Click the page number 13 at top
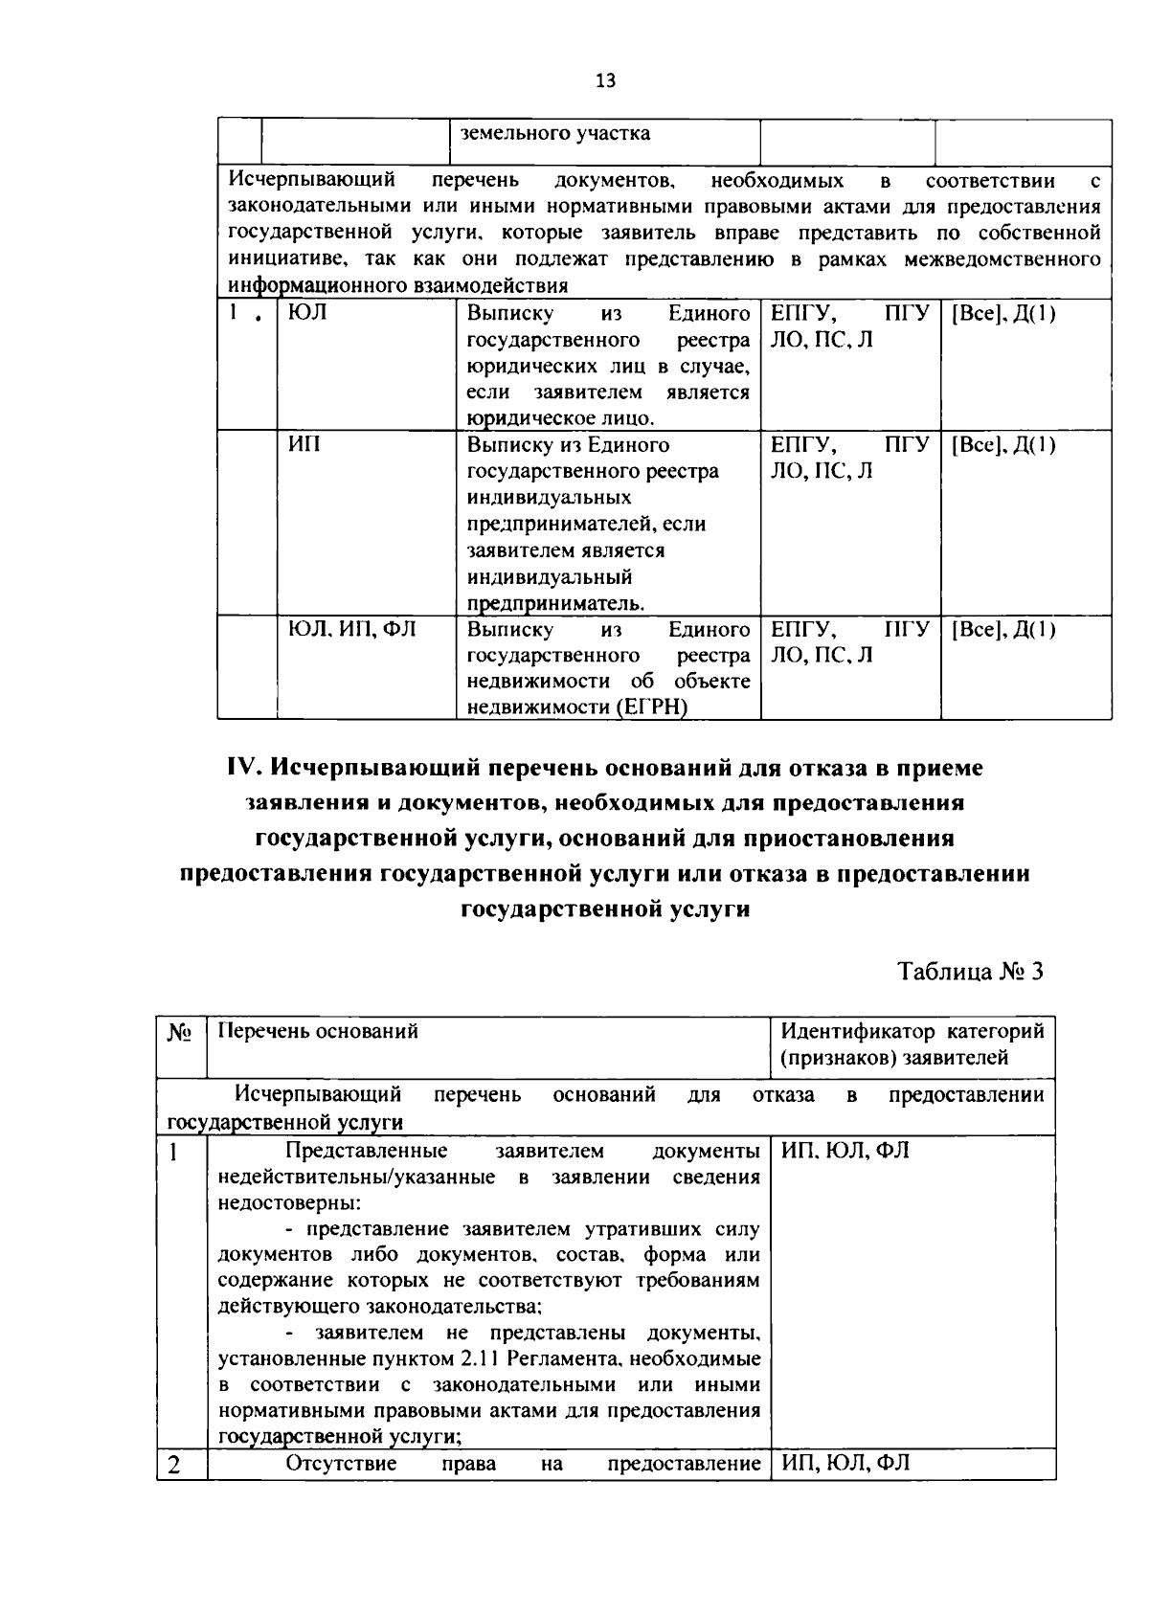605,80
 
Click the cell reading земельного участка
555,134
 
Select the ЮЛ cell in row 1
307,313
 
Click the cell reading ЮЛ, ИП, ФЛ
352,630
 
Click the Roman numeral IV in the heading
245,769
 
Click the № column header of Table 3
180,1032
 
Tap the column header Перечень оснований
318,1032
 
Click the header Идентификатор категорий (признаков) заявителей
912,1044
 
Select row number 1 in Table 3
174,1152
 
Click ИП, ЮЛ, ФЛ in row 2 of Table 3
845,1464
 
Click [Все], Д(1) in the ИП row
1002,445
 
